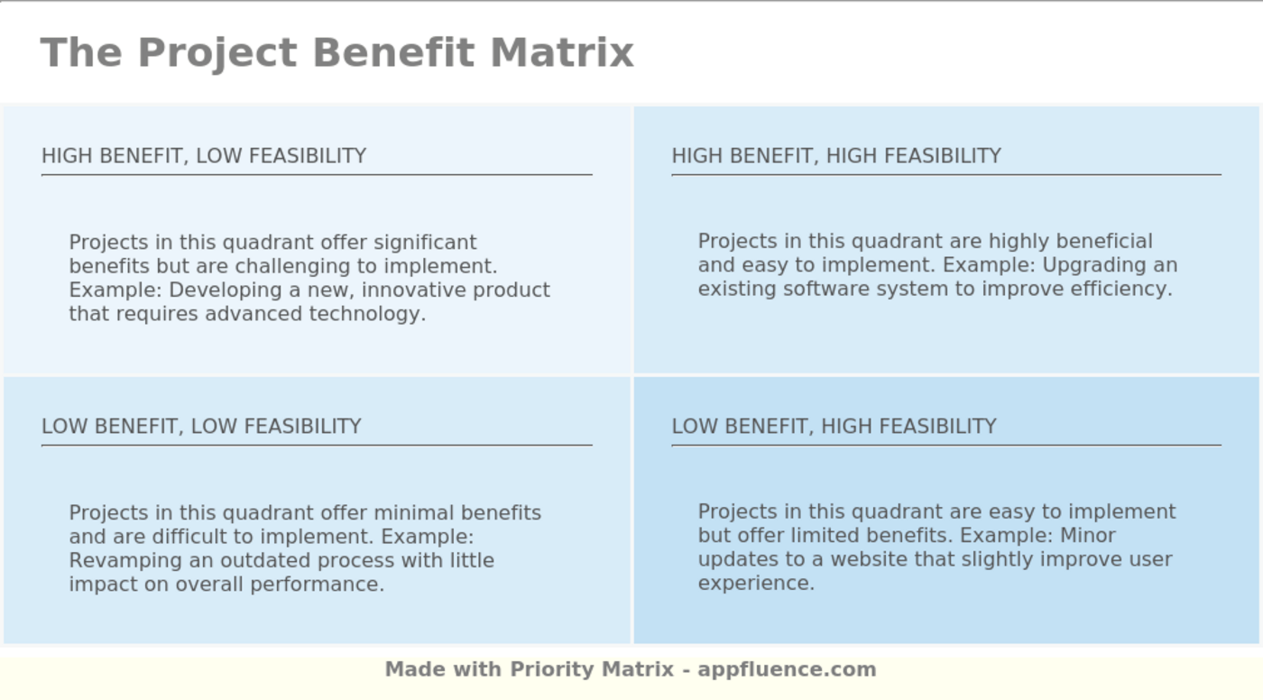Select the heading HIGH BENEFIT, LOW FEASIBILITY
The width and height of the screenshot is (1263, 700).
204,156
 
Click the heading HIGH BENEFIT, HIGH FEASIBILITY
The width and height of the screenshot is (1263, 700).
836,156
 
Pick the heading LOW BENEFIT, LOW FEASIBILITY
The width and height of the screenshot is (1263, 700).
201,427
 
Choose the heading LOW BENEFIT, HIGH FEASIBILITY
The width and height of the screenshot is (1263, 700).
834,427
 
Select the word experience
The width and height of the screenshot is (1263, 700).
756,583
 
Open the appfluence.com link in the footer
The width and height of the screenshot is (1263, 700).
787,669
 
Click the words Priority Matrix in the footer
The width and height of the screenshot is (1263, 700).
592,669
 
